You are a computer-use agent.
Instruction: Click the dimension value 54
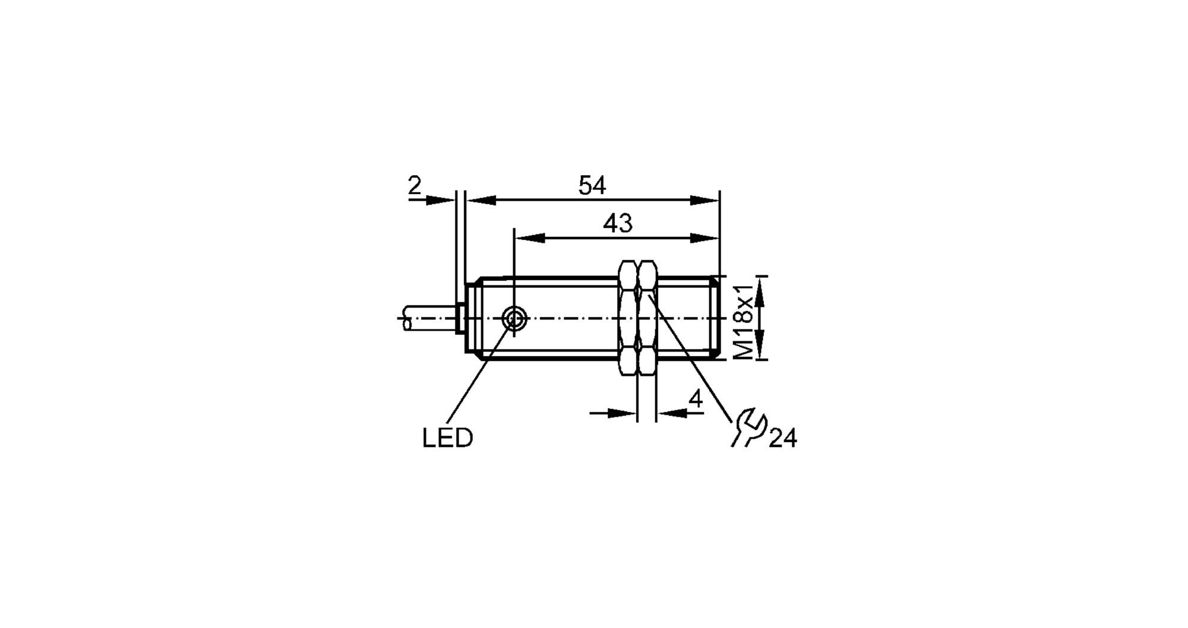pyautogui.click(x=592, y=186)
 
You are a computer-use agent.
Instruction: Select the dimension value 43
pyautogui.click(x=618, y=224)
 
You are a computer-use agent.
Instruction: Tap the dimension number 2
pyautogui.click(x=415, y=186)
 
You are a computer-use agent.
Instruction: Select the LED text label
pyautogui.click(x=447, y=439)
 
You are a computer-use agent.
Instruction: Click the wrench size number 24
pyautogui.click(x=782, y=439)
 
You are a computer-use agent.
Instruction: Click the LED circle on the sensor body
pyautogui.click(x=514, y=319)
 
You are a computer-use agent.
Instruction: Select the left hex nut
pyautogui.click(x=628, y=318)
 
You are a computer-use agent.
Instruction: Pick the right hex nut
pyautogui.click(x=647, y=318)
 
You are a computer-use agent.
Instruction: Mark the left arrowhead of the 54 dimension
pyautogui.click(x=481, y=201)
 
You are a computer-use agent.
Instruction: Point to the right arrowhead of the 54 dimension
pyautogui.click(x=705, y=201)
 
